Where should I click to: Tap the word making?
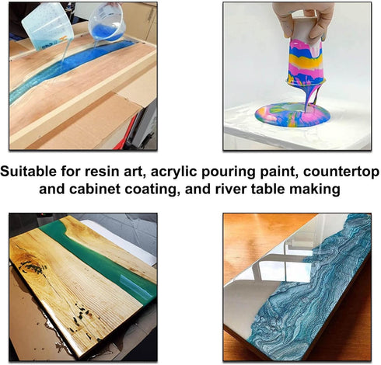click(x=316, y=189)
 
